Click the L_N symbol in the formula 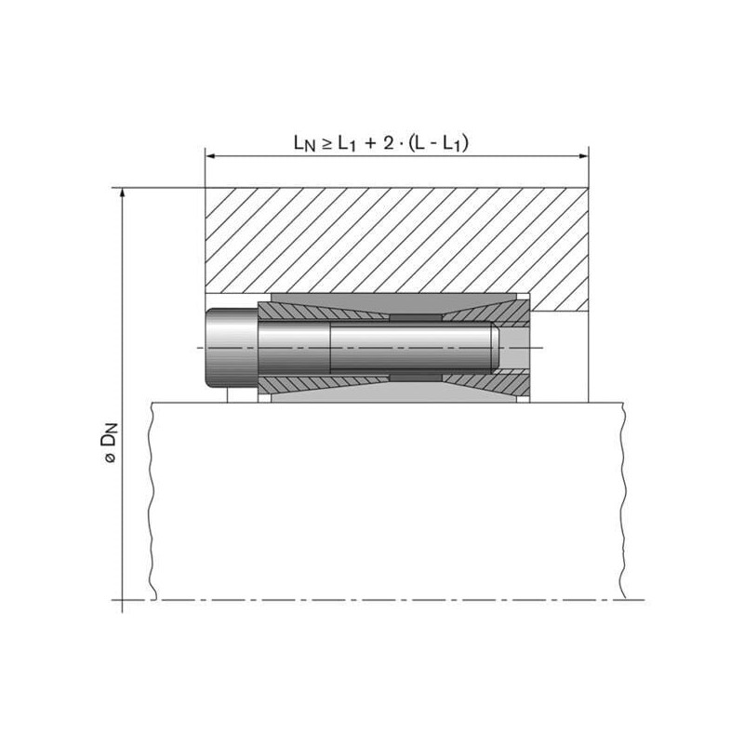(x=304, y=143)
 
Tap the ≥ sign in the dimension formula (x=326, y=143)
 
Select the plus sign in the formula (x=370, y=143)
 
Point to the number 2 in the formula (x=389, y=142)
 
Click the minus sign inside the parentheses (x=434, y=144)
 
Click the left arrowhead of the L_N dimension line (x=210, y=155)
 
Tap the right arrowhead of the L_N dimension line (x=583, y=155)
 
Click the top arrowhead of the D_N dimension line (x=123, y=193)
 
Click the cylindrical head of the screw (x=231, y=348)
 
